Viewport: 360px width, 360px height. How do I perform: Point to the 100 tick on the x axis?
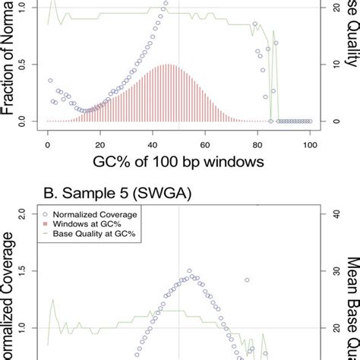(x=309, y=143)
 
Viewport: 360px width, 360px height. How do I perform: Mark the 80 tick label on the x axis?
(x=257, y=143)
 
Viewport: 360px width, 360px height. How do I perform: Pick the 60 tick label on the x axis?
(x=205, y=143)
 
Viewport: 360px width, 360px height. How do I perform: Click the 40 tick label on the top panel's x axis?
(x=152, y=143)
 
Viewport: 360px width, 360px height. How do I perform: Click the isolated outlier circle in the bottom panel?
(x=247, y=280)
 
